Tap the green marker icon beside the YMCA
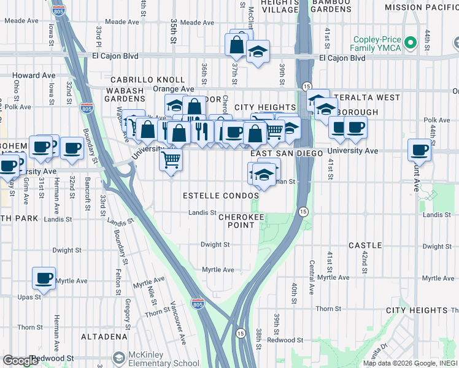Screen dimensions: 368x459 [x=410, y=43]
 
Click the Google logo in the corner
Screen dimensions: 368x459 [x=20, y=361]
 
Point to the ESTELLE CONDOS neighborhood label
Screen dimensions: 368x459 [x=221, y=196]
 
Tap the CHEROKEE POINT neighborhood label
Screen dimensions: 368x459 [x=236, y=221]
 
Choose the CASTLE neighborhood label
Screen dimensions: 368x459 [x=365, y=245]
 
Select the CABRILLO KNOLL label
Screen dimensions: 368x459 [x=147, y=80]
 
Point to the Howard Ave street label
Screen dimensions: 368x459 [x=34, y=75]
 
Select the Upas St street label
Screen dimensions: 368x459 [x=29, y=296]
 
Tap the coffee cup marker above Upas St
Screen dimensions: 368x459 [x=44, y=278]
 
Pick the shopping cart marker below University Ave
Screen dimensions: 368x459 [x=171, y=159]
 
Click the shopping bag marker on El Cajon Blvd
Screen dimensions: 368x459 [x=236, y=44]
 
